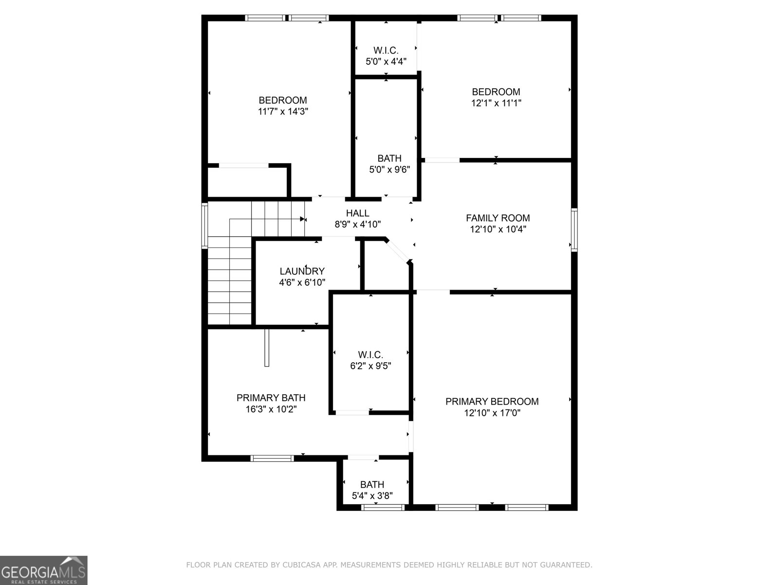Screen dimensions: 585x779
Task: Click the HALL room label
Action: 357,213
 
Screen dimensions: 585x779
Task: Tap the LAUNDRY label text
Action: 302,271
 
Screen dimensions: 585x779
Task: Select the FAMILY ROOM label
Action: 498,218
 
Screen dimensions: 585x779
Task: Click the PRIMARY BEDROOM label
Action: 492,401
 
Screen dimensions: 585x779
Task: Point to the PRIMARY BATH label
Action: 271,398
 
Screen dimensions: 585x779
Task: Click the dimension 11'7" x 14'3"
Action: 283,112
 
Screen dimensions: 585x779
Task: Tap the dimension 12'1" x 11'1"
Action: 496,103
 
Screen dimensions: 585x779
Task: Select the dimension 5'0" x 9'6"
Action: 389,170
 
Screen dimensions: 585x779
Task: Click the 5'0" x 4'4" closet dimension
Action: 386,61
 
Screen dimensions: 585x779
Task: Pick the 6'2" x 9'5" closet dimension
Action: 371,366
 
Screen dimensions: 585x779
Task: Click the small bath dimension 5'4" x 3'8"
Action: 372,496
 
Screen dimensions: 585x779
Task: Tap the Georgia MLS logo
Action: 44,570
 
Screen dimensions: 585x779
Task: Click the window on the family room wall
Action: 574,230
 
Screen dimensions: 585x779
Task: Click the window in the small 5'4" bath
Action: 383,507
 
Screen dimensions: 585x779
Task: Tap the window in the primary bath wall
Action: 272,458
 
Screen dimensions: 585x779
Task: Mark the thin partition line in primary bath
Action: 266,347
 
